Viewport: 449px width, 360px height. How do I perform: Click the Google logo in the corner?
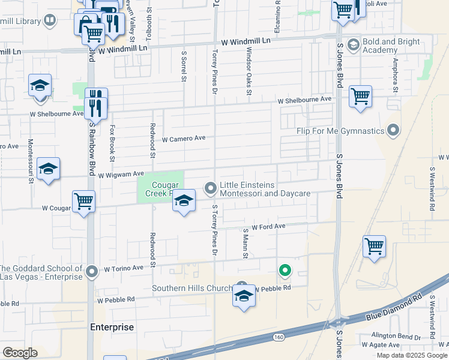pos(19,352)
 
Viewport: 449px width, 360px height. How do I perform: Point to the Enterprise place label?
pos(112,327)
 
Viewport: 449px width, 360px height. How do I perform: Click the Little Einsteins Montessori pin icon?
pos(211,189)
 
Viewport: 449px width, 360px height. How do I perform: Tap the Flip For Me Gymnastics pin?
pos(393,130)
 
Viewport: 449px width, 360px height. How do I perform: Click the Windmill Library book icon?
pos(50,21)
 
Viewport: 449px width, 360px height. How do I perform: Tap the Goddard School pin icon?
pos(92,272)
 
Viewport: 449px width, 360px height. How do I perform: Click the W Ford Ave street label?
pos(268,227)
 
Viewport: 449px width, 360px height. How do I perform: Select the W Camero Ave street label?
pos(184,138)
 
